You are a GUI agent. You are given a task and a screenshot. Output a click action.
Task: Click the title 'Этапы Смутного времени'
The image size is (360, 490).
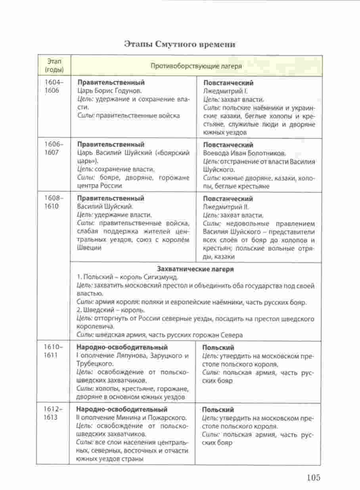click(180, 44)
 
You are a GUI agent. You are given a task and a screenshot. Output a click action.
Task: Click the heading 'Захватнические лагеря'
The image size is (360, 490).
click(195, 269)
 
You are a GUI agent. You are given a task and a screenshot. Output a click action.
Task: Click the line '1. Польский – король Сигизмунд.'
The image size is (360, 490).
click(127, 277)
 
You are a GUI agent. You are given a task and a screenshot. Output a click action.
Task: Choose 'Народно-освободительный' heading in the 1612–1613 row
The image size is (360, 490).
click(121, 409)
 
